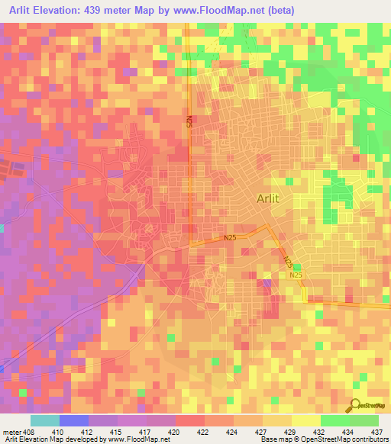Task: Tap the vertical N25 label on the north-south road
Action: [x=189, y=122]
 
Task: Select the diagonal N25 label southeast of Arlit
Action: [x=288, y=261]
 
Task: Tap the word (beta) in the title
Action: [x=280, y=10]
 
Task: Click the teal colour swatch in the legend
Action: [x=45, y=420]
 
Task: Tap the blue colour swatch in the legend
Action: [x=74, y=420]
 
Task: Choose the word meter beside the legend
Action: [x=11, y=432]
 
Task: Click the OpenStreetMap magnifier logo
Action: [x=354, y=406]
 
